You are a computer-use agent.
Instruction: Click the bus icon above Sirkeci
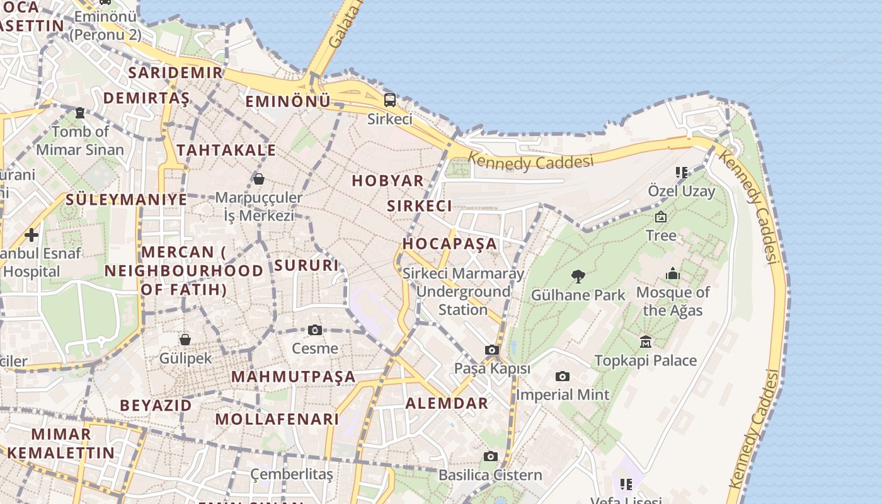[x=390, y=100]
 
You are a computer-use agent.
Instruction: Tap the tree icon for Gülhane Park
[x=578, y=276]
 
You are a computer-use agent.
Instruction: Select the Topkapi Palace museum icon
[x=646, y=341]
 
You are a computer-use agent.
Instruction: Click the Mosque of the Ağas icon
[x=673, y=274]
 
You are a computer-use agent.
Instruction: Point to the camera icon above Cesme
[x=315, y=329]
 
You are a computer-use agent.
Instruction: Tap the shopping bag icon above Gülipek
[x=185, y=340]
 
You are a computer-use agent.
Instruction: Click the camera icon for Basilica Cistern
[x=491, y=456]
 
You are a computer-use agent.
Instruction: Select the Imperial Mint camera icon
[x=563, y=376]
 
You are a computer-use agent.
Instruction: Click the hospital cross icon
[x=31, y=236]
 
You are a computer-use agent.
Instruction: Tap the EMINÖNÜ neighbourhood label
[x=288, y=101]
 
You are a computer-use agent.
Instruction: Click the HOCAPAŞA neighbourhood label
[x=450, y=244]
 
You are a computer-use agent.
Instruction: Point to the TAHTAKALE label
[x=226, y=150]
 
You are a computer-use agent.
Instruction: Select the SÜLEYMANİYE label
[x=127, y=200]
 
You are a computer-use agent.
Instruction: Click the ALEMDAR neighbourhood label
[x=447, y=404]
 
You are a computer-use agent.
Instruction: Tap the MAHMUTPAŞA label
[x=293, y=377]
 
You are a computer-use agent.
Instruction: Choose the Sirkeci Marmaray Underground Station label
[x=463, y=292]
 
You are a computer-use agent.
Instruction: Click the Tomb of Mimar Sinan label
[x=80, y=140]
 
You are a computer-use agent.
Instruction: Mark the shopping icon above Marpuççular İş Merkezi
[x=258, y=179]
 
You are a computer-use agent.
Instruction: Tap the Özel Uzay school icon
[x=681, y=172]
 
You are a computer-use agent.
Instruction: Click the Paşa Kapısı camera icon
[x=492, y=350]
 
